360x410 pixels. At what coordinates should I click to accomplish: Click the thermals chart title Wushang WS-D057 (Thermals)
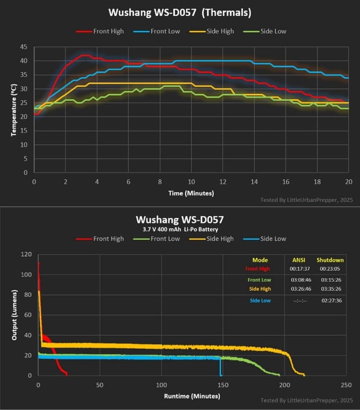pos(179,12)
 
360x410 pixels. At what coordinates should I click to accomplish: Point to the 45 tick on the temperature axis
pos(22,47)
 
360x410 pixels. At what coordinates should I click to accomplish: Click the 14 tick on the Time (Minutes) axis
pos(254,182)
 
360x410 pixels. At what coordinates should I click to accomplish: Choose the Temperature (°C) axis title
pos(12,110)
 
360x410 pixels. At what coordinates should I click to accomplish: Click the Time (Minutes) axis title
pos(191,193)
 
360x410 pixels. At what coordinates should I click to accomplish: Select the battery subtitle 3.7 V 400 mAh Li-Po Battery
pos(179,229)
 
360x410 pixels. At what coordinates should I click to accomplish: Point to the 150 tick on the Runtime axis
pos(223,385)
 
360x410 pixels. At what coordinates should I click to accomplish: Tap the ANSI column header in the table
pos(298,260)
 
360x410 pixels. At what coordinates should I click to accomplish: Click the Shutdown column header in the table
pos(330,260)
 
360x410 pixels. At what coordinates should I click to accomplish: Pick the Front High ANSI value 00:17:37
pos(298,269)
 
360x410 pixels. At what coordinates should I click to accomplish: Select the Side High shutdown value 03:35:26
pos(330,289)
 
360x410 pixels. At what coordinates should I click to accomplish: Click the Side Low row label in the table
pos(260,300)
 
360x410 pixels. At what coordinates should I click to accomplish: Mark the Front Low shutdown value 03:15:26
pos(330,280)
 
